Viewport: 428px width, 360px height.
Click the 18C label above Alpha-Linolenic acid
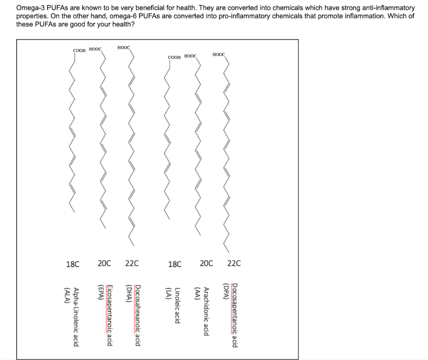click(73, 264)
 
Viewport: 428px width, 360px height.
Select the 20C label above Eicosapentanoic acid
click(104, 264)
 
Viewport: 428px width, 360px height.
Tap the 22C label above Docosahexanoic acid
click(132, 264)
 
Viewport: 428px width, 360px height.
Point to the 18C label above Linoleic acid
click(174, 264)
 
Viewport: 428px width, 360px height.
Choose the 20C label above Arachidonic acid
click(206, 264)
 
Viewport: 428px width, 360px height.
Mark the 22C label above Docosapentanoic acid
click(234, 264)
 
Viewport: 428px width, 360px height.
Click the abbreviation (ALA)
click(66, 297)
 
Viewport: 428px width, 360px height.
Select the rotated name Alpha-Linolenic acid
click(76, 317)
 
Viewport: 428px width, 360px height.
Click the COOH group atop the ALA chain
click(79, 51)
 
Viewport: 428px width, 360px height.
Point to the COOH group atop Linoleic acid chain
click(174, 57)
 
